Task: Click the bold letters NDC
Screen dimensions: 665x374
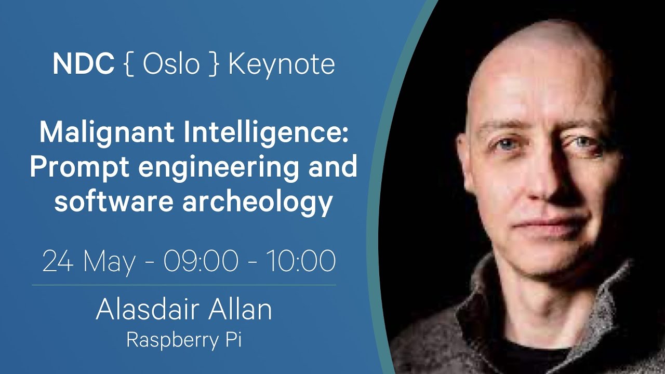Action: coord(84,64)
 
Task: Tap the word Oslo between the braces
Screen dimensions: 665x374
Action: coord(171,64)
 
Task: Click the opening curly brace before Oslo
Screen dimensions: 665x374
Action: coord(129,65)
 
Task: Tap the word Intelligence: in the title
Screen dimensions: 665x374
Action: coord(266,134)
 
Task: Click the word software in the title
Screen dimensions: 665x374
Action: coord(114,201)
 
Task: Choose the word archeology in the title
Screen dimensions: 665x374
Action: coord(257,203)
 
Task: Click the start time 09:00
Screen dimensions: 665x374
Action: coord(201,261)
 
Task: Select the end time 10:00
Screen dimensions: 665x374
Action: coord(301,261)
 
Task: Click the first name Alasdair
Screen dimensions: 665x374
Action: coord(147,309)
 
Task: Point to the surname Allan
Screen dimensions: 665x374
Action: coord(240,309)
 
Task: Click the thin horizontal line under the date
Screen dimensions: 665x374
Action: coord(184,285)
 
